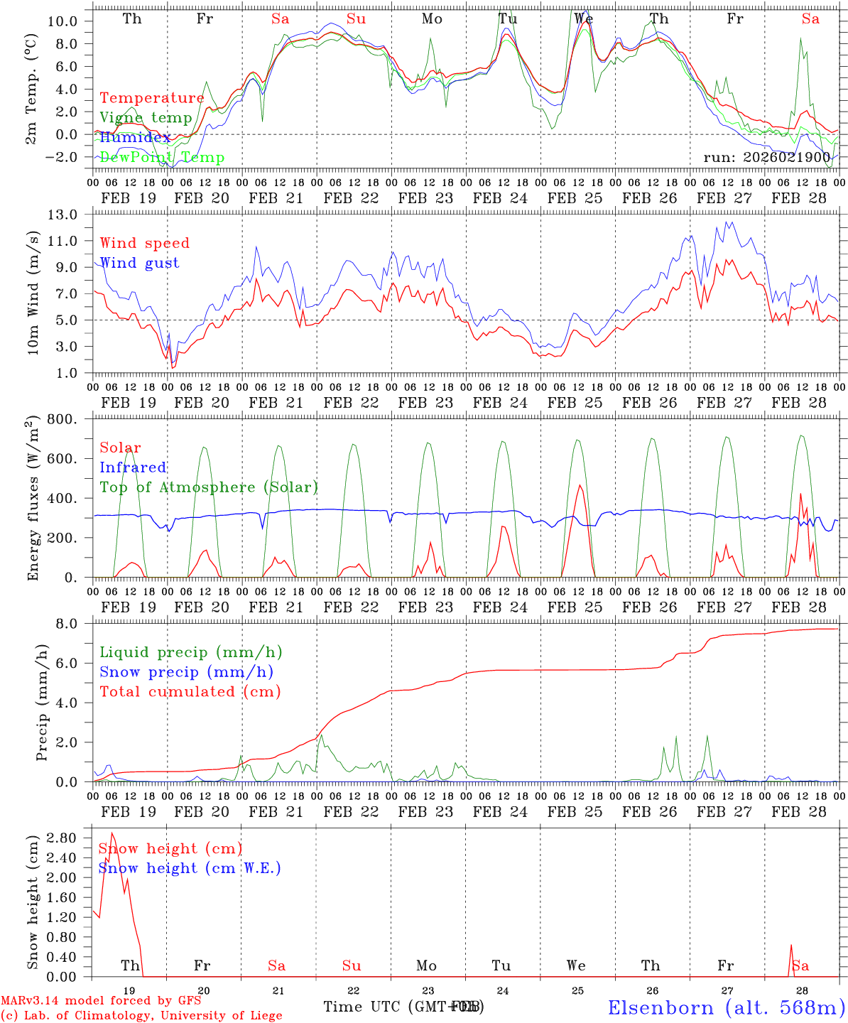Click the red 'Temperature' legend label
click(151, 98)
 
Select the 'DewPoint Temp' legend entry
click(162, 157)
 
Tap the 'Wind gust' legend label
click(139, 263)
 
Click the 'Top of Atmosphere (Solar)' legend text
click(208, 487)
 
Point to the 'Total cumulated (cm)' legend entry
click(190, 691)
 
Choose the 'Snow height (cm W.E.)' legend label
click(189, 868)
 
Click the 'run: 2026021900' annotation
click(766, 157)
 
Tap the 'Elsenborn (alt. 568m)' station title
click(726, 1007)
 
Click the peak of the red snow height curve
click(112, 833)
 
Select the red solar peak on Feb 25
click(580, 485)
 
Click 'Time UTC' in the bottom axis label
click(363, 1007)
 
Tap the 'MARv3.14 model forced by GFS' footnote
click(101, 1000)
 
